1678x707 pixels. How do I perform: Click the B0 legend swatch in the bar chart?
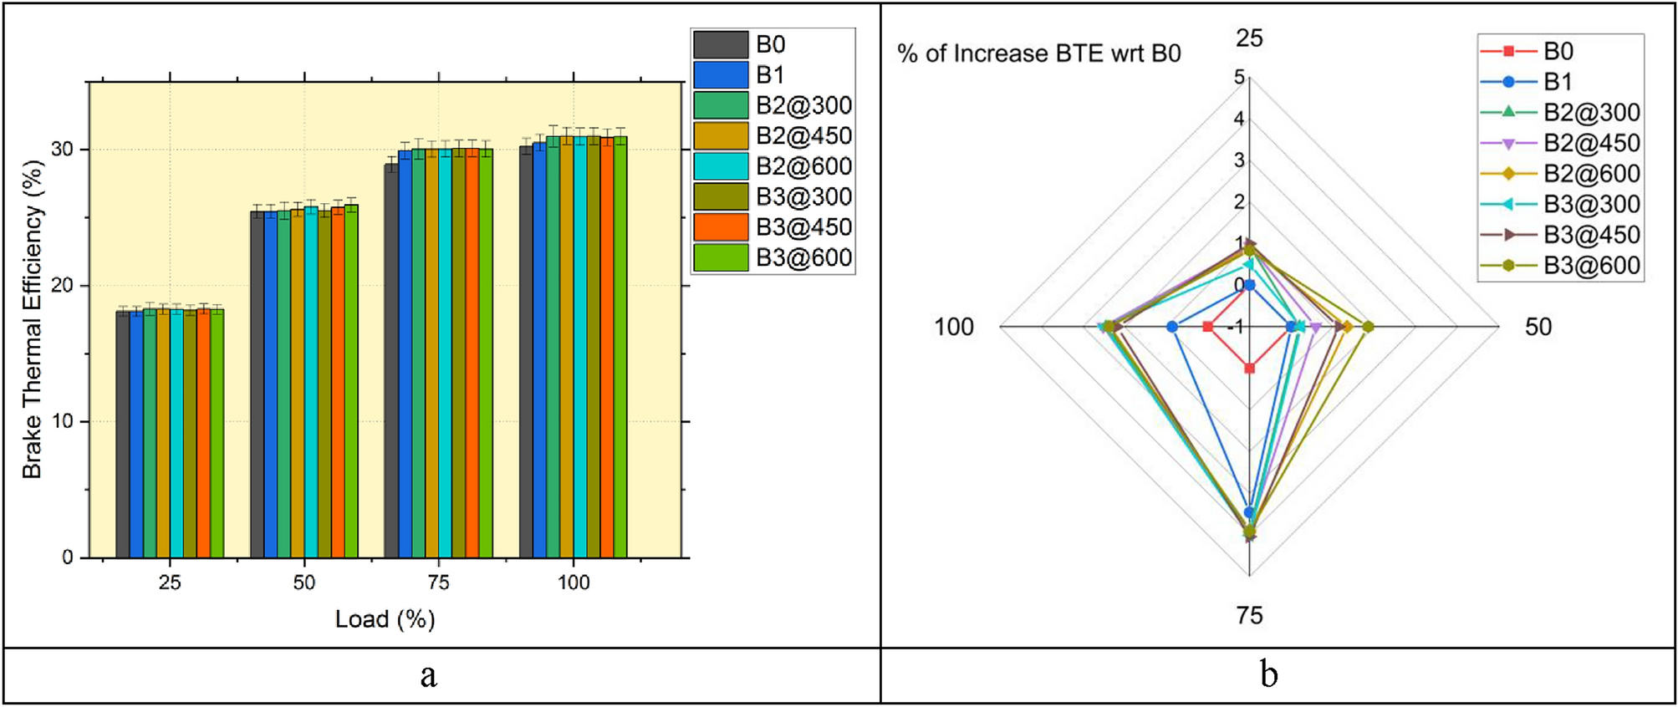[720, 44]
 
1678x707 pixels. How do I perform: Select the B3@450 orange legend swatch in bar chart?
[720, 227]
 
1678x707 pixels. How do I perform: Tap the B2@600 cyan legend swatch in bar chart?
[720, 166]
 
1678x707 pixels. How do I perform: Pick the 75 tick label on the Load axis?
[438, 582]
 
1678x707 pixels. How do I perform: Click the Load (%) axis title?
[385, 619]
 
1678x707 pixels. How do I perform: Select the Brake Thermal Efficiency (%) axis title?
[32, 319]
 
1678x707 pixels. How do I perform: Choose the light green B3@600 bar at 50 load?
[351, 380]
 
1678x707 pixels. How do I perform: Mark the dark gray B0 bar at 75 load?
[390, 360]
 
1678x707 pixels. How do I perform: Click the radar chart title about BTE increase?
[1038, 53]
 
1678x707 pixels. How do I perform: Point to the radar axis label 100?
[954, 327]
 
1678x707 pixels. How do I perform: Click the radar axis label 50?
[1538, 327]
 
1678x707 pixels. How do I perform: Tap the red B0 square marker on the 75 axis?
[1249, 368]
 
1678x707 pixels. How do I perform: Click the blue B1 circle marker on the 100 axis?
[1172, 327]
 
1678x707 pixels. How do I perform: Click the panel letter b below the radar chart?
[1269, 675]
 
